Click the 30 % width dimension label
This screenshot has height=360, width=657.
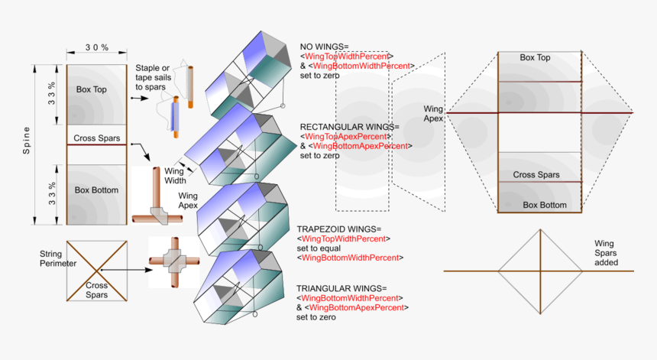tap(96, 47)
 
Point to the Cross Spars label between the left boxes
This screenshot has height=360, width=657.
tap(96, 139)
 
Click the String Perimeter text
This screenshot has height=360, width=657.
tap(58, 258)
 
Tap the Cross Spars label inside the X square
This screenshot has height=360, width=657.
tap(96, 290)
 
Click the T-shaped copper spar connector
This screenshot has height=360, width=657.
tap(157, 203)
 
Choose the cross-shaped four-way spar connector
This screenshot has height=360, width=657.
tap(173, 262)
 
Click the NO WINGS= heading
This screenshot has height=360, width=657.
tap(325, 47)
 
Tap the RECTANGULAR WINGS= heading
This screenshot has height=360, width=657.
tap(349, 126)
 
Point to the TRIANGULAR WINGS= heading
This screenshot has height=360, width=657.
tap(341, 288)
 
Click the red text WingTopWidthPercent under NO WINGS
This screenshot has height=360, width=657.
tap(348, 57)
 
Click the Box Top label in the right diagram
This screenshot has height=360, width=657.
tap(535, 57)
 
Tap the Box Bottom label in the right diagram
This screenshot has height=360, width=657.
tap(545, 205)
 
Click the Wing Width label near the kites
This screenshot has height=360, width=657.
tap(174, 175)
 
